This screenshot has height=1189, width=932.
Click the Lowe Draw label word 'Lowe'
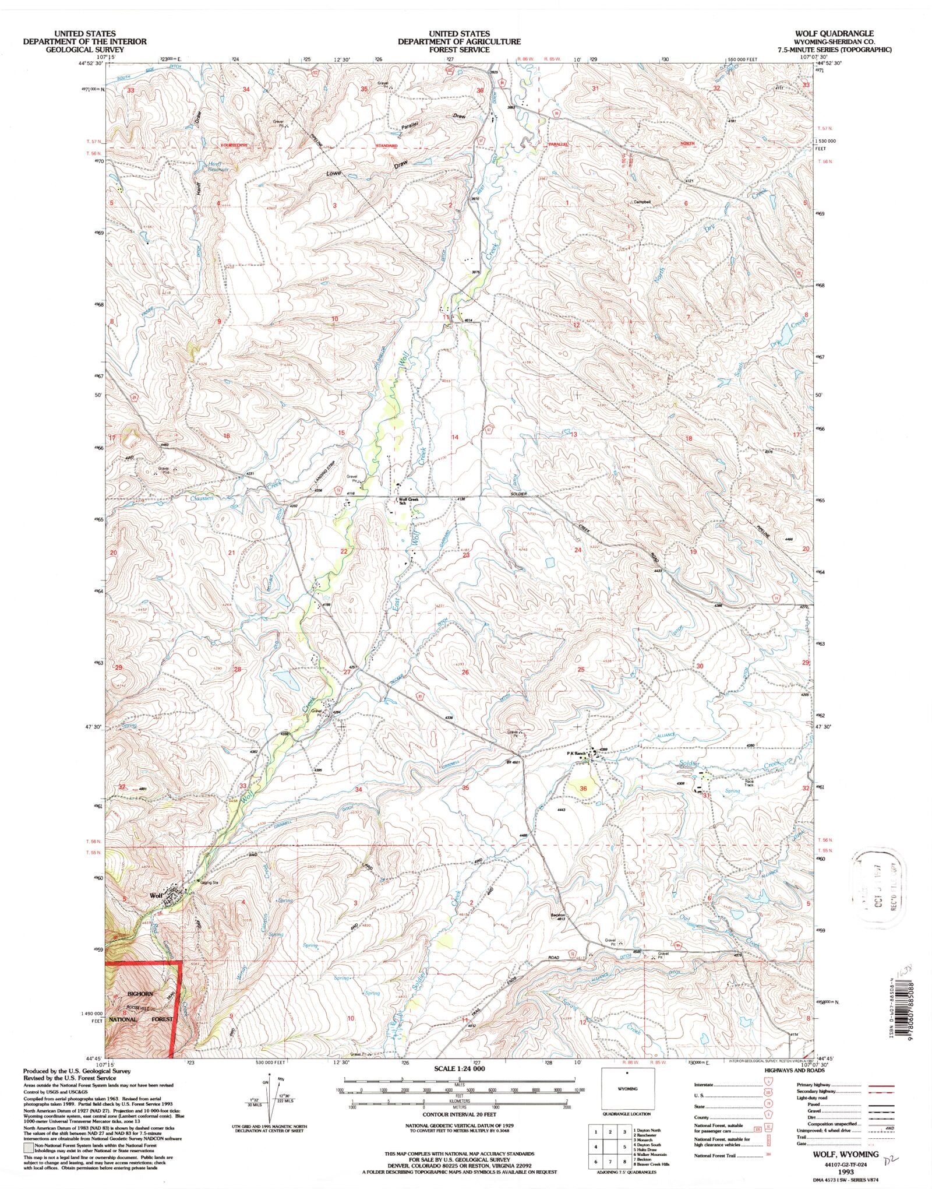click(333, 174)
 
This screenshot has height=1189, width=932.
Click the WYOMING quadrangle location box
click(627, 1089)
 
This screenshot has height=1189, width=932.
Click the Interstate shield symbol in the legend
click(771, 1085)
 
